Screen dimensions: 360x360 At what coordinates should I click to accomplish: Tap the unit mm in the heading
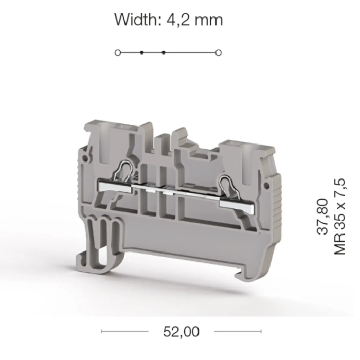[x=209, y=21]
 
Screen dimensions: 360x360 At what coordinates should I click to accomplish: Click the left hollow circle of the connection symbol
[x=118, y=53]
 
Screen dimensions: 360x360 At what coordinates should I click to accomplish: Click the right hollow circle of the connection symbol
[x=219, y=53]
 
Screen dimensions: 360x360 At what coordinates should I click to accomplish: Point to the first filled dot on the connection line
[x=141, y=53]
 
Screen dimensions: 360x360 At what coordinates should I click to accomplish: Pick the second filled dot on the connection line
[x=163, y=53]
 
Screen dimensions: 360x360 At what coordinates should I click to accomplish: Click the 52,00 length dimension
[x=181, y=331]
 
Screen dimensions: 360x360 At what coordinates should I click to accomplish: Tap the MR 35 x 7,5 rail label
[x=340, y=217]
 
